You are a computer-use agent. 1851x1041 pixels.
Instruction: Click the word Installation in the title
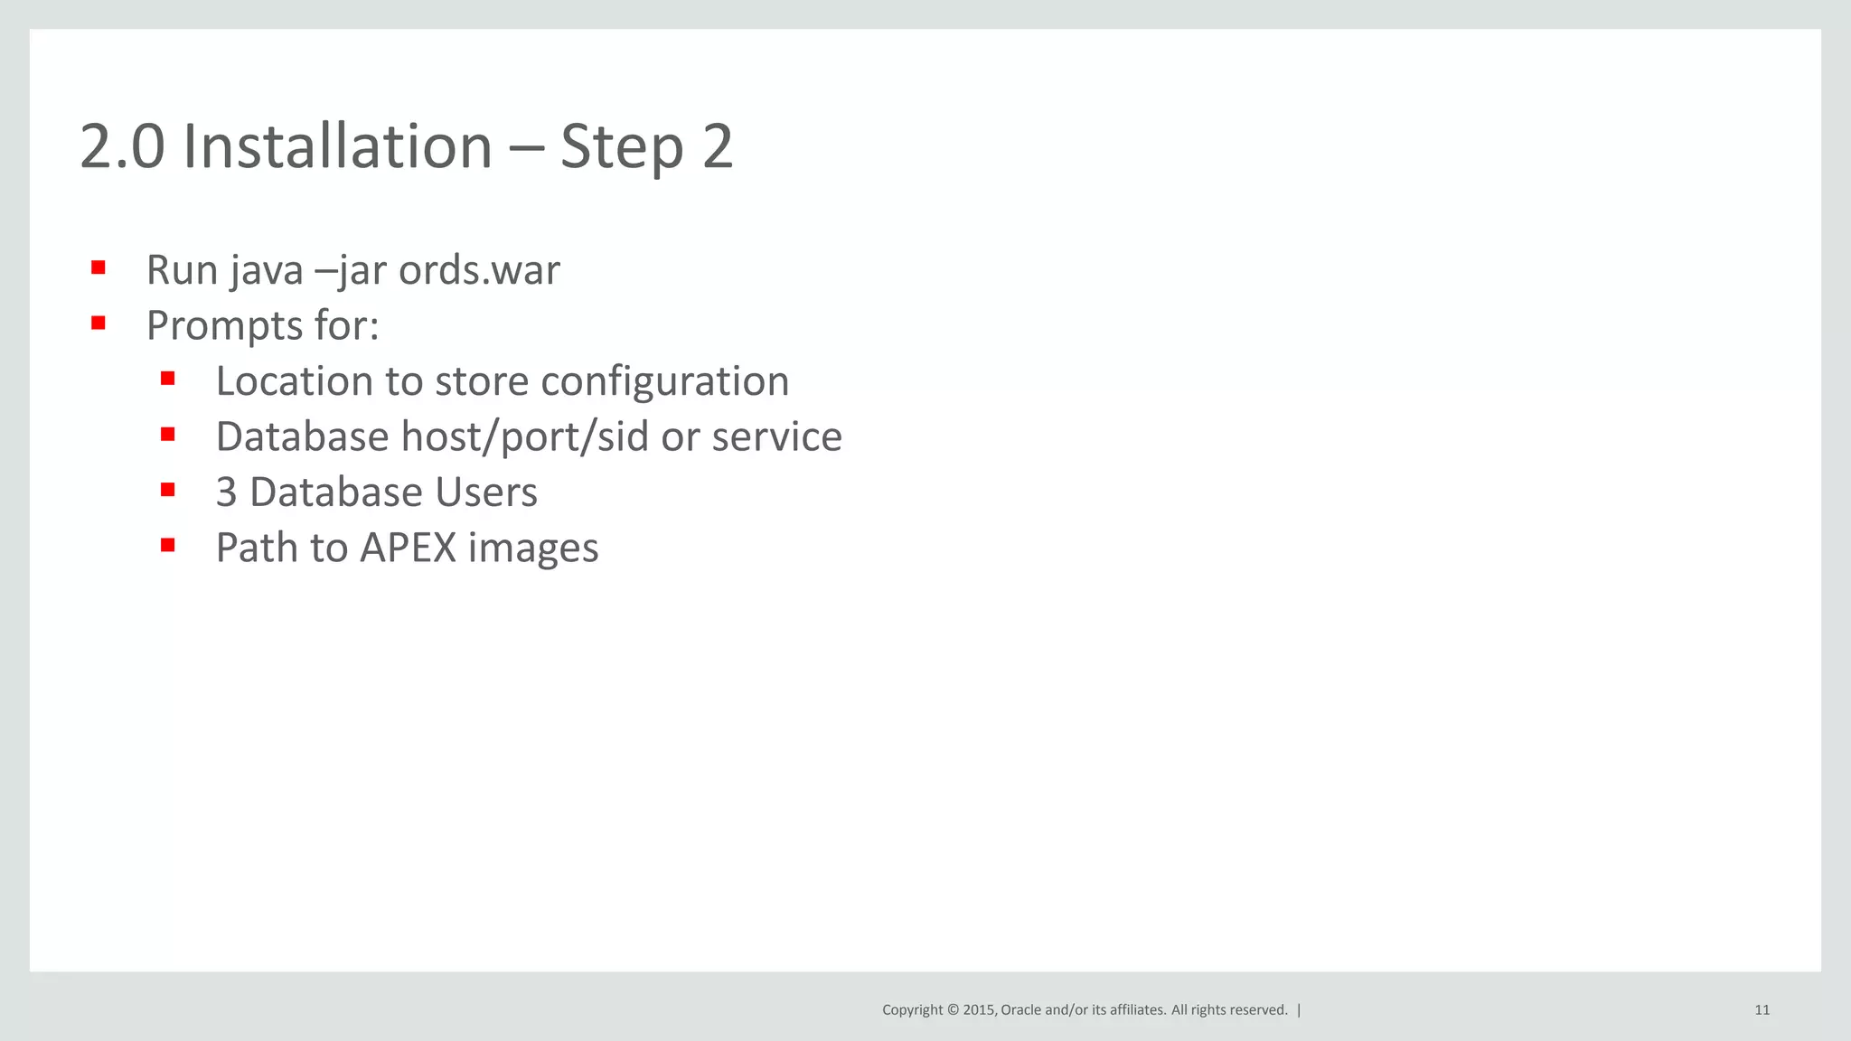coord(337,146)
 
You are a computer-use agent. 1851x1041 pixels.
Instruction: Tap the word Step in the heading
coord(621,146)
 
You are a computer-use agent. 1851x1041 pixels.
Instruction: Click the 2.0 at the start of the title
coord(122,146)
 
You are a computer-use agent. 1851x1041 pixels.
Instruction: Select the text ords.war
coord(479,270)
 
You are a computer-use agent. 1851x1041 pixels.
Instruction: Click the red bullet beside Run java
coord(99,267)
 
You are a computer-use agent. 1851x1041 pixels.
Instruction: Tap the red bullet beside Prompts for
coord(99,323)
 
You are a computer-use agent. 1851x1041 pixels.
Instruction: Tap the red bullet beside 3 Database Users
coord(167,490)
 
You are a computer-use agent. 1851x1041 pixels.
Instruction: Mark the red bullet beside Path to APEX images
coord(167,545)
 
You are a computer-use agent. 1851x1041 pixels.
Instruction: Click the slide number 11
coord(1762,1010)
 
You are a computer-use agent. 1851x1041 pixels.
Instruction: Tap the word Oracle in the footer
coord(1020,1010)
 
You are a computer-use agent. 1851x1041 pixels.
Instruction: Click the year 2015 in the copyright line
coord(979,1010)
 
